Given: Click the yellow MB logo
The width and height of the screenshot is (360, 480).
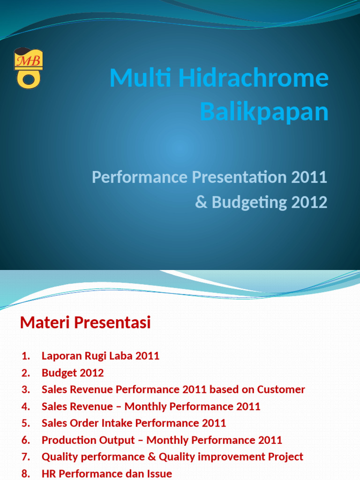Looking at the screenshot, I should tap(28, 68).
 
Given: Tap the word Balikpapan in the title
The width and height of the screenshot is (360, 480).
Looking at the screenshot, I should tap(264, 112).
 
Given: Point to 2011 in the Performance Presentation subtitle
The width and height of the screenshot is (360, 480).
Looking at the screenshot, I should tap(309, 178).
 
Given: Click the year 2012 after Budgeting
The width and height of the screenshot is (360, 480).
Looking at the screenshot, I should tap(309, 202).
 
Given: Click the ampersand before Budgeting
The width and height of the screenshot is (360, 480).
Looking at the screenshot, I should tap(201, 202).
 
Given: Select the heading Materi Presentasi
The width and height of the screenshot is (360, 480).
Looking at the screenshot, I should tap(85, 322).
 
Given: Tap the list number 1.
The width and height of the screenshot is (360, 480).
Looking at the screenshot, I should tap(26, 356).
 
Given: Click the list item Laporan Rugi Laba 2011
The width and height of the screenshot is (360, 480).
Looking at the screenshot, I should tap(100, 356).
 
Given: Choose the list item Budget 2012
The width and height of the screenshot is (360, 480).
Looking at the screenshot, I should tap(73, 373).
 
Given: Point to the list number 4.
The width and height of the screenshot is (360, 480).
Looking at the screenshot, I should tap(26, 406).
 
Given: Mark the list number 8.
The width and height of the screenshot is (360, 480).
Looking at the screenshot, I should tap(26, 474).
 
